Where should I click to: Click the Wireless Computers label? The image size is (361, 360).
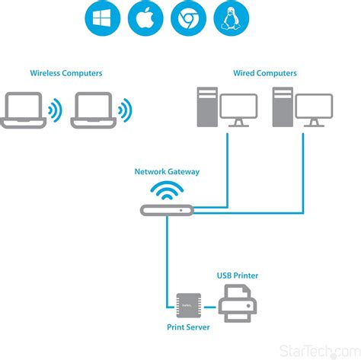point(66,73)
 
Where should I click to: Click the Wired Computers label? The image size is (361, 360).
point(265,73)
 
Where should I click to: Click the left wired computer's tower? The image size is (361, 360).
point(206,107)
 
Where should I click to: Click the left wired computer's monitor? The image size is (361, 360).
point(238,109)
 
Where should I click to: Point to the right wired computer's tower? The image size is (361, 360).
point(282,107)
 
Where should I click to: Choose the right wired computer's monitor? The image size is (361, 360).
point(314,109)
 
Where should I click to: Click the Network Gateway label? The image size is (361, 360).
point(167,172)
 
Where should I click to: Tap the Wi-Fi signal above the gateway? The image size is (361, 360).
point(167,190)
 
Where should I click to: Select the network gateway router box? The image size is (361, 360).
point(167,209)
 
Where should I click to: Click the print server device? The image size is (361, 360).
point(188,304)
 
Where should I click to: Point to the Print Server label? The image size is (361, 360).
point(188,327)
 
